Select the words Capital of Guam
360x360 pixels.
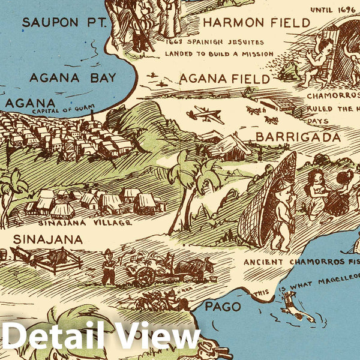60,112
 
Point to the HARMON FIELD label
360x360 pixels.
257,23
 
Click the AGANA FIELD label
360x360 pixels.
225,78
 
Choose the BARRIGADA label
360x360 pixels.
298,137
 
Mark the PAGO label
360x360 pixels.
223,307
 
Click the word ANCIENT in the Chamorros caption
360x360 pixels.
263,262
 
